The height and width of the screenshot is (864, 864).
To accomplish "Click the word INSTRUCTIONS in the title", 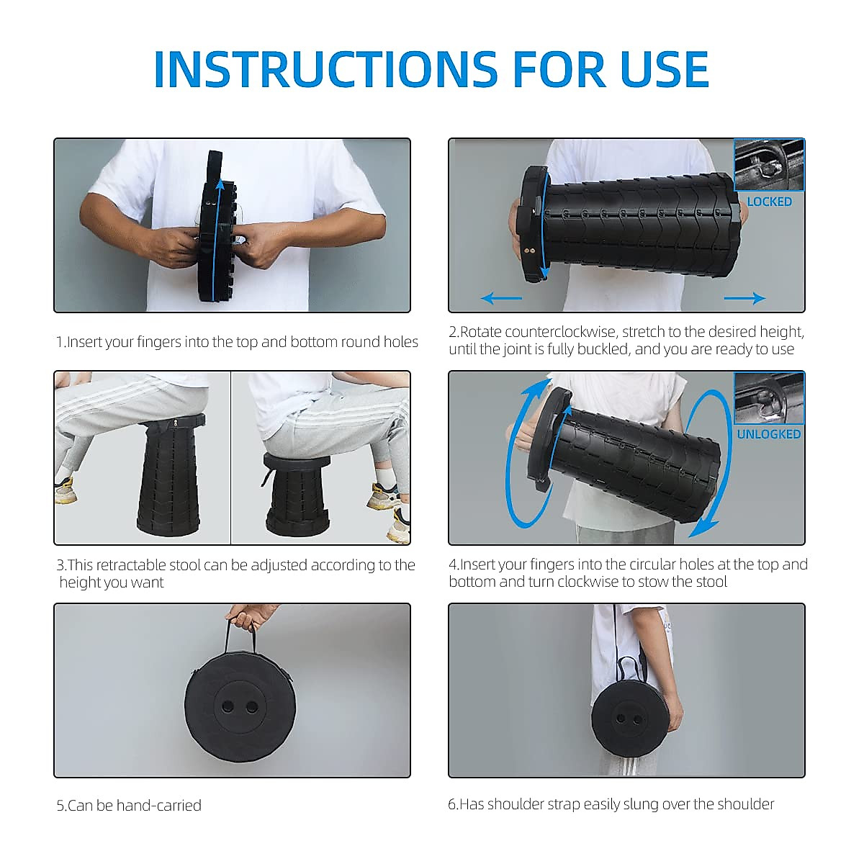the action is (325, 69).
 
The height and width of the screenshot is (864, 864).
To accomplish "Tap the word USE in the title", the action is (665, 69).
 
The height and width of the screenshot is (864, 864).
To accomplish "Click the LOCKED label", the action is (769, 202).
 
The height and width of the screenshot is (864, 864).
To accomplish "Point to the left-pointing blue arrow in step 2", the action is (501, 298).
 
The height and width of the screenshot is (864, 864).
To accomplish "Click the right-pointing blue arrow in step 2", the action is (744, 298).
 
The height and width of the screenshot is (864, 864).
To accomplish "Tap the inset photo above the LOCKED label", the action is (770, 165).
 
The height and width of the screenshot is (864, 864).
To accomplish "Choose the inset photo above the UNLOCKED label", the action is (770, 398).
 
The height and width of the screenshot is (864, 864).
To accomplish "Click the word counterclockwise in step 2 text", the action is (562, 332).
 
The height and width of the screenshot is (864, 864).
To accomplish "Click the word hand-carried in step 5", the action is (158, 806).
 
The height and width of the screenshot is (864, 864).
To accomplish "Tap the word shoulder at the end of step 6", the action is (745, 804).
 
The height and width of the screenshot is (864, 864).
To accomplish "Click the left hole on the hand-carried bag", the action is (228, 707).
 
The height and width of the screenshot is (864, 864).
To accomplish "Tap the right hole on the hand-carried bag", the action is (252, 707).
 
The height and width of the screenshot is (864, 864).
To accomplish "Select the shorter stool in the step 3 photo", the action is (297, 494).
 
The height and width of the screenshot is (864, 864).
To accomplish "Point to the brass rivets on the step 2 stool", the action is (529, 251).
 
